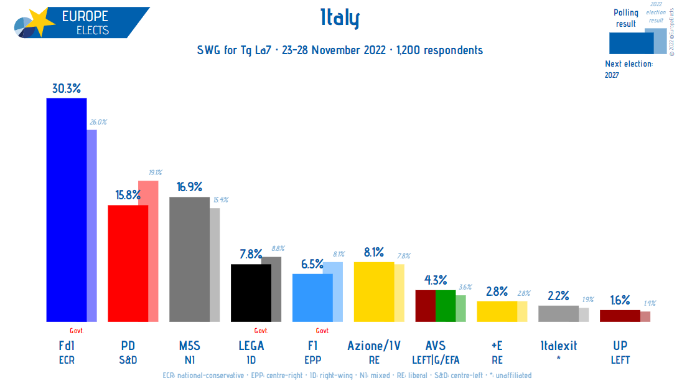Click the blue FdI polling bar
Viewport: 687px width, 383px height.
tap(66, 210)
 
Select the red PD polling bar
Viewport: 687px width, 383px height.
tap(128, 263)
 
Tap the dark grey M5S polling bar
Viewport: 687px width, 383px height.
tap(189, 259)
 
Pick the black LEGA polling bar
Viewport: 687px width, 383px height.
tap(250, 293)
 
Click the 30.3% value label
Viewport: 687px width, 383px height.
tap(66, 88)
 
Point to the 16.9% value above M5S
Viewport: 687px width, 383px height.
tap(189, 187)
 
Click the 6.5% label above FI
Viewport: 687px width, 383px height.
tap(312, 264)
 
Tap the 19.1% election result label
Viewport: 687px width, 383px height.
tap(155, 173)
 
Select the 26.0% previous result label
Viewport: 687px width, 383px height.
tap(98, 122)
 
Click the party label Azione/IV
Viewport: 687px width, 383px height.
tap(373, 346)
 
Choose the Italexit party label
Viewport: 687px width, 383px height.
tap(558, 346)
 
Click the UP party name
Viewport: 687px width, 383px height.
tap(620, 346)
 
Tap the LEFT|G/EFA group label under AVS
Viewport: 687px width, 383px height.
tap(435, 360)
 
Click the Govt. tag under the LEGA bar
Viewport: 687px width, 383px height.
tap(261, 331)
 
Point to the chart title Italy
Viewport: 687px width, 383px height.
tap(339, 19)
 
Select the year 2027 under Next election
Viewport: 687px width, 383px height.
tap(612, 75)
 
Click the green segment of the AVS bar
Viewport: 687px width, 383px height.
tap(445, 306)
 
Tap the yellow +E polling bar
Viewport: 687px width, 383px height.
tap(497, 311)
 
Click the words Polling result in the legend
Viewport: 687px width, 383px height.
tap(626, 18)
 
